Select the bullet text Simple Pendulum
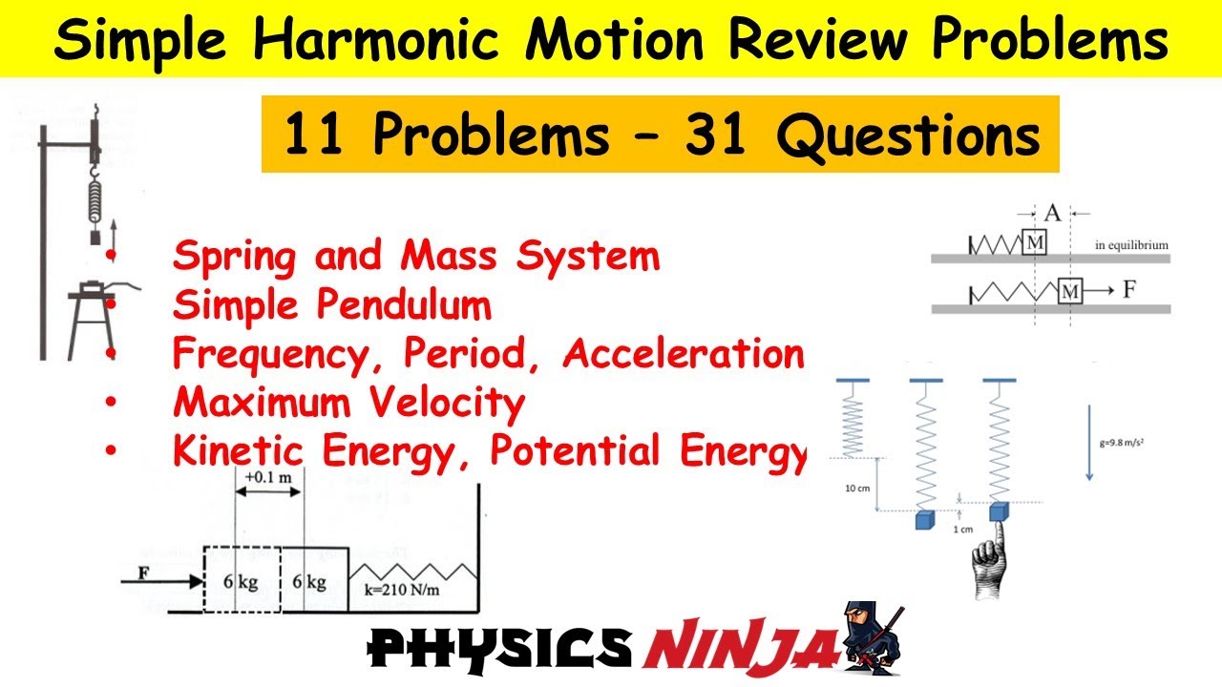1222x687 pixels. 331,305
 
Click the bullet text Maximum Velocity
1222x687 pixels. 348,403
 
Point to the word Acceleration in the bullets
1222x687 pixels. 684,354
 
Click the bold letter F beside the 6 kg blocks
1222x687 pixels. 144,574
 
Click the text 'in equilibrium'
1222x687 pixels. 1131,245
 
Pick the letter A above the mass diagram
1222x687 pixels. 1051,212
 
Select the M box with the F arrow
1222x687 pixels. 1071,290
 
